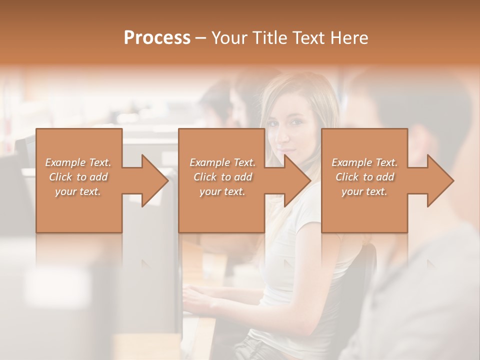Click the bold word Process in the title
click(x=157, y=38)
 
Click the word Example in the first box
click(x=64, y=162)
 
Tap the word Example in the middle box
click(x=209, y=162)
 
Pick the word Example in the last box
click(x=351, y=162)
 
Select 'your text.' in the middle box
click(x=222, y=191)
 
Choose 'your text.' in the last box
click(x=364, y=191)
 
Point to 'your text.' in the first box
click(x=77, y=191)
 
